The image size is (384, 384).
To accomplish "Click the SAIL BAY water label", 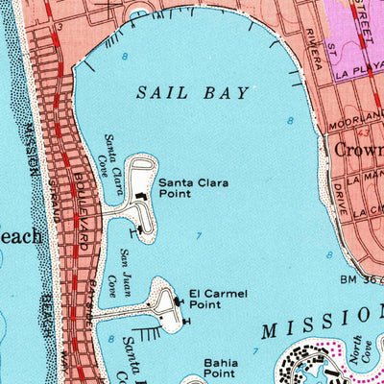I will (x=192, y=93).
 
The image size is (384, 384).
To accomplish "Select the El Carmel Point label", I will (x=211, y=298).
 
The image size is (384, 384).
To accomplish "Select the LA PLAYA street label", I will (x=358, y=70).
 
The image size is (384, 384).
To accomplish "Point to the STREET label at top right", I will (x=363, y=19).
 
